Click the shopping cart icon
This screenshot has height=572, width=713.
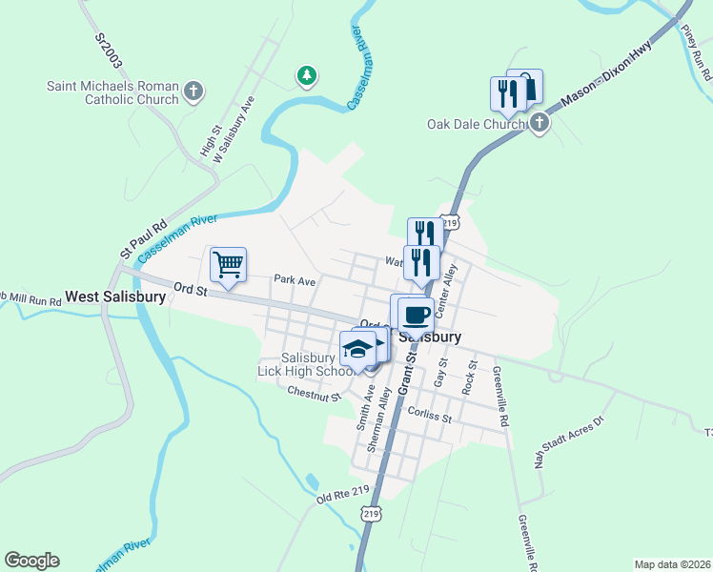(229, 264)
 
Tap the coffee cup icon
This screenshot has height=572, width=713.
(417, 314)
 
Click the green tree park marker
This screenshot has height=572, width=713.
(306, 74)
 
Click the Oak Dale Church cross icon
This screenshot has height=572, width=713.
(540, 123)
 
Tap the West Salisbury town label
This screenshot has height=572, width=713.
(115, 296)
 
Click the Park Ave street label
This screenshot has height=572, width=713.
(294, 280)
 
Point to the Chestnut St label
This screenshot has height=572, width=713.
(314, 393)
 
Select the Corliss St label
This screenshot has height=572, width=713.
(427, 413)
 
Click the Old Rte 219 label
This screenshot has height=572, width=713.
(342, 495)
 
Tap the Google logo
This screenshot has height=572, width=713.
(31, 561)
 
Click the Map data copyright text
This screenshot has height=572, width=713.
(672, 564)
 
